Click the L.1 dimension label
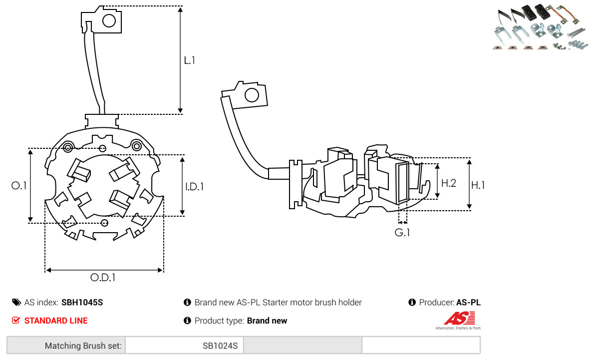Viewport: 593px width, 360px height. [190, 60]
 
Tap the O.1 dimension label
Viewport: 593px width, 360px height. [19, 186]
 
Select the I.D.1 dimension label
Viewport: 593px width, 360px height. [194, 186]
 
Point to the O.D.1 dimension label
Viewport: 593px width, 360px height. [103, 278]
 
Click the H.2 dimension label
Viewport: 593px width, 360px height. [449, 183]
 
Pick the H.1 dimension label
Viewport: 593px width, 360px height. [478, 185]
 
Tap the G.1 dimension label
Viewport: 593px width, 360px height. [402, 233]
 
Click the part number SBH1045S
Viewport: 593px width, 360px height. [82, 303]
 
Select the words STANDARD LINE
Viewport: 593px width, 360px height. [56, 321]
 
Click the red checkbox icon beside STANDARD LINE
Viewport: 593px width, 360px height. [16, 320]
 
